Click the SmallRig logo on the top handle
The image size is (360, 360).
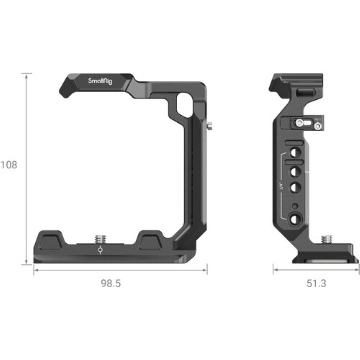(x=100, y=81)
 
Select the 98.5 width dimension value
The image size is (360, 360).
(x=111, y=283)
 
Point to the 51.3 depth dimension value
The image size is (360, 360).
(x=316, y=283)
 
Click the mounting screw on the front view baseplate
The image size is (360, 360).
(x=99, y=239)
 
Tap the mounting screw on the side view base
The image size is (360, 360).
(x=327, y=239)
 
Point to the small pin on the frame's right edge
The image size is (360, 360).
(x=210, y=126)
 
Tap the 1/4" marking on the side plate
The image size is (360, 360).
(x=282, y=187)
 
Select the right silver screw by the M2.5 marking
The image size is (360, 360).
(x=317, y=126)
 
